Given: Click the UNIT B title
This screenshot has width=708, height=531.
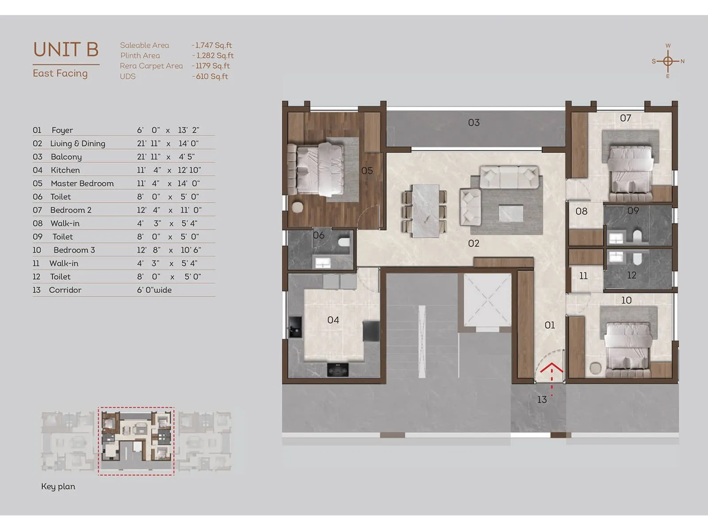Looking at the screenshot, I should coord(66,50).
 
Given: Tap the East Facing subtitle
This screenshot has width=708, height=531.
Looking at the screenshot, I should coord(60,73).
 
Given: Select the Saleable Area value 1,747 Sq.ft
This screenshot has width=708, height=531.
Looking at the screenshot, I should coord(213,45).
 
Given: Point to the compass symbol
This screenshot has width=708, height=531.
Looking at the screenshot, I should coord(668,61).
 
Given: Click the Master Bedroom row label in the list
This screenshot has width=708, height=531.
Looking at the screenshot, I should coord(82,183).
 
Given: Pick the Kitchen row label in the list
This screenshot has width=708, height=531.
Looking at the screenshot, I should coord(65,170).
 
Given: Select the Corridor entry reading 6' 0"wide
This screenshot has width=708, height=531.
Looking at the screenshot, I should coord(154,290).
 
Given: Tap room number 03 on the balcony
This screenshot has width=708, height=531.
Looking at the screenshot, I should coord(473,123).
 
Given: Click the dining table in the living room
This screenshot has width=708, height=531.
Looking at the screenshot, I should coord(425,210).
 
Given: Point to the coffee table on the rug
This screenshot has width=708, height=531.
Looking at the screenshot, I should coord(511,213).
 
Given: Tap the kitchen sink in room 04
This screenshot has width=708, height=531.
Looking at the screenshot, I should coord(294,328).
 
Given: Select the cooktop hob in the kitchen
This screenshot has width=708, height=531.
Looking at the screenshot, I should coord(338,369).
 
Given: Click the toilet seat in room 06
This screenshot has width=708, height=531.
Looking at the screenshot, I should coord(344,242).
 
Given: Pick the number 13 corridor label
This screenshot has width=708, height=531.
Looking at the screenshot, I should coord(542,400).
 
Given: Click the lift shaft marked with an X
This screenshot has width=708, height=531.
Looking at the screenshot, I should coord(487,300).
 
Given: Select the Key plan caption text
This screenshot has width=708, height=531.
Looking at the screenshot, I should coord(58,486).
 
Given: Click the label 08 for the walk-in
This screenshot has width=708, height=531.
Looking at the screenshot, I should coord(581,212).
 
